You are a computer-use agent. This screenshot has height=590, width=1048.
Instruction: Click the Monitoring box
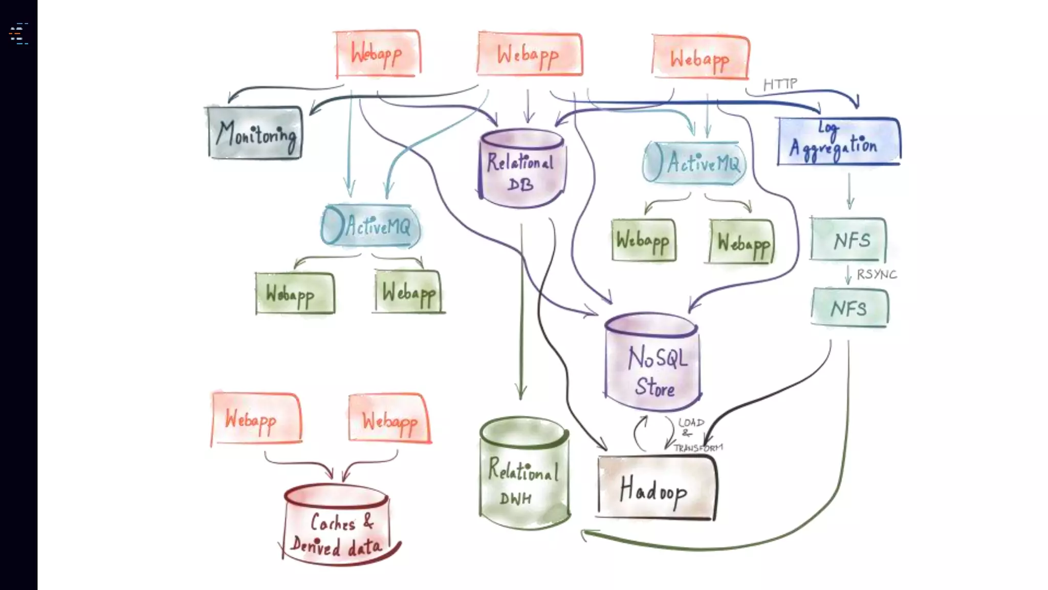[x=255, y=133]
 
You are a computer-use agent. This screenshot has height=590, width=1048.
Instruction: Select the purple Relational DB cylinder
[x=521, y=169]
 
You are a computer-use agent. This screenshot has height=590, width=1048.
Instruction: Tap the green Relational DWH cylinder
[x=524, y=474]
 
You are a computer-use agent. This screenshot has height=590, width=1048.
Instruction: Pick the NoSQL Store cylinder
[x=652, y=364]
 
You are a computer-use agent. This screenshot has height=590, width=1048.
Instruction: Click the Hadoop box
[x=656, y=489]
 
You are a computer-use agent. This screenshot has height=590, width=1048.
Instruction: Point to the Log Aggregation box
[x=838, y=142]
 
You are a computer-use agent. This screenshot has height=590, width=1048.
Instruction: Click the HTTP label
[x=780, y=84]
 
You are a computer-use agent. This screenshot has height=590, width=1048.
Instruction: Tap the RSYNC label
[x=877, y=275]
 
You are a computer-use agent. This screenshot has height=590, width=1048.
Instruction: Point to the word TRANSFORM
[x=698, y=448]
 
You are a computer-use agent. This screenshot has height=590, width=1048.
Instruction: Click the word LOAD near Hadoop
[x=691, y=423]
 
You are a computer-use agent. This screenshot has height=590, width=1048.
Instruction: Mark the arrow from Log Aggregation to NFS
[x=849, y=191]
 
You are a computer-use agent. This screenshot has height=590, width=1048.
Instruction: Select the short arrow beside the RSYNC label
[x=848, y=275]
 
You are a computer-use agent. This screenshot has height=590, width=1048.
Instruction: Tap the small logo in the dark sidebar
[x=19, y=34]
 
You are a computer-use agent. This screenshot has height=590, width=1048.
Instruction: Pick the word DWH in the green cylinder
[x=515, y=498]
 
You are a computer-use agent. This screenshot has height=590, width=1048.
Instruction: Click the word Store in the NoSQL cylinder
[x=655, y=387]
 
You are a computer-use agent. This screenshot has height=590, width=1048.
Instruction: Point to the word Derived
[x=315, y=546]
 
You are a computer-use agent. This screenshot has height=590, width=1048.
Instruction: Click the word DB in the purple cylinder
[x=520, y=184]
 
